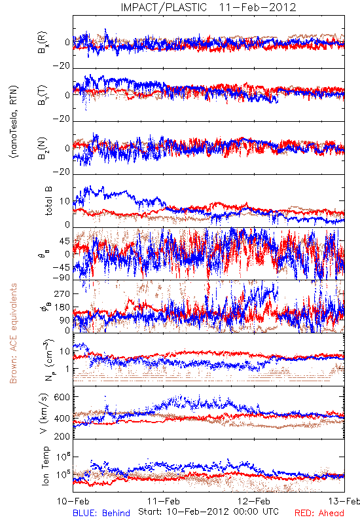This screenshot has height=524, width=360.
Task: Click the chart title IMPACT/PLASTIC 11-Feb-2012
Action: [x=208, y=7]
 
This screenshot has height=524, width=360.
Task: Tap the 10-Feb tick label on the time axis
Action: [x=73, y=501]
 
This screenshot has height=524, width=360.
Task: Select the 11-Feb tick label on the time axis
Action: [x=163, y=501]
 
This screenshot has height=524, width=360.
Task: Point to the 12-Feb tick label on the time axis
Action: [x=254, y=501]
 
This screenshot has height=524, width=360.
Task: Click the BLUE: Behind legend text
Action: [x=101, y=513]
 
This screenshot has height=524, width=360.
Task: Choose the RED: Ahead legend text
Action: [x=319, y=513]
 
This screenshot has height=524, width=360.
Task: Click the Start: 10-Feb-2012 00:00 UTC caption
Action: [x=208, y=512]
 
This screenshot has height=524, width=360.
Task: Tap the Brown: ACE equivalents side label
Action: [x=13, y=333]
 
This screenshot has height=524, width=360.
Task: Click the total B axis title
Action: [x=48, y=201]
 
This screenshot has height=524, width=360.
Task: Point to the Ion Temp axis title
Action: [x=45, y=466]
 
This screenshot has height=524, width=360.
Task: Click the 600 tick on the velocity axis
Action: [x=62, y=397]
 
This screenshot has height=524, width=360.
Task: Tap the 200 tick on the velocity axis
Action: [x=62, y=436]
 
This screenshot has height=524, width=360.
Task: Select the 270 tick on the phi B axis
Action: [x=62, y=293]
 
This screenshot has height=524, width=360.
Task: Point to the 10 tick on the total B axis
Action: [x=65, y=201]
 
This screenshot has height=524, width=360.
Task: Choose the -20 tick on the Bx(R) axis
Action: [x=61, y=66]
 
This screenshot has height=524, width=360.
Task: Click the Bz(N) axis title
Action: [x=43, y=148]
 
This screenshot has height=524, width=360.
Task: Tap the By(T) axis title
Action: [x=43, y=95]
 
